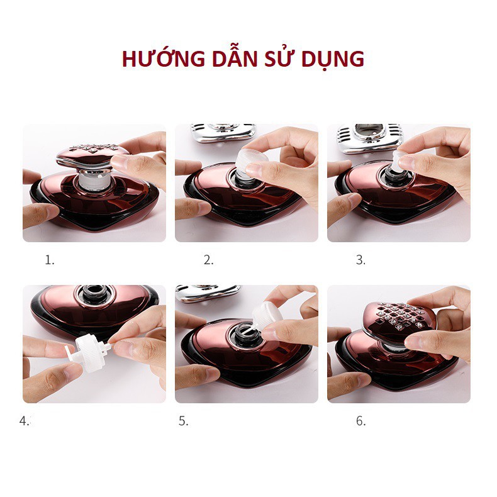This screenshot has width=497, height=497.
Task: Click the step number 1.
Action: pyautogui.click(x=49, y=260)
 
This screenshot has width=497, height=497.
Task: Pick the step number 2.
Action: pyautogui.click(x=208, y=260)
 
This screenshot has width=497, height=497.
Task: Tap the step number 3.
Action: pyautogui.click(x=360, y=260)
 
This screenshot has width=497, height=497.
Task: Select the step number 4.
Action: pyautogui.click(x=25, y=422)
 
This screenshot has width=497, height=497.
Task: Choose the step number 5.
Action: pyautogui.click(x=183, y=422)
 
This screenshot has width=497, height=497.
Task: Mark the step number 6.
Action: pyautogui.click(x=360, y=422)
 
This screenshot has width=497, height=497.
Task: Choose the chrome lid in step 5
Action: pyautogui.click(x=208, y=292)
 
